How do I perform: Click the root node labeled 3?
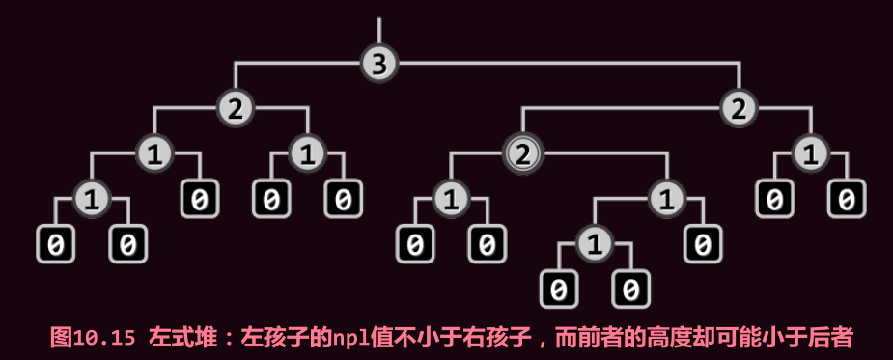click(379, 64)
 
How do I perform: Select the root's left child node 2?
click(235, 108)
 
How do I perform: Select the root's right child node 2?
click(739, 108)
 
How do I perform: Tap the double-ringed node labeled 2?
click(522, 152)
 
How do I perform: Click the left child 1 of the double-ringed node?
click(450, 200)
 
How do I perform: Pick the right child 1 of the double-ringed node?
click(666, 200)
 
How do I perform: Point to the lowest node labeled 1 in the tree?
click(595, 244)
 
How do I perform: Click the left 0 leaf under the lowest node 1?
click(558, 289)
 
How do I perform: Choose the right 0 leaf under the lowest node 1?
click(630, 289)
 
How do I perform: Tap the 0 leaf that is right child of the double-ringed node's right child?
click(703, 244)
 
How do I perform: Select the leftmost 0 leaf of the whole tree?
click(55, 244)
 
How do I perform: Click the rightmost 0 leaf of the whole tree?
click(847, 199)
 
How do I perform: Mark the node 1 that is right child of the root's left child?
click(307, 152)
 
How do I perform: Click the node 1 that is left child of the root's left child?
click(153, 152)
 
